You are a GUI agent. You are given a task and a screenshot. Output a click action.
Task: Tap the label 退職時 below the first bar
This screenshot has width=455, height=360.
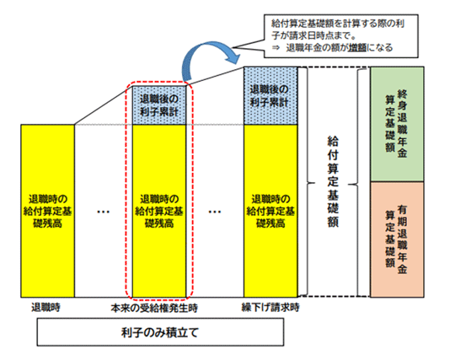(x=45, y=307)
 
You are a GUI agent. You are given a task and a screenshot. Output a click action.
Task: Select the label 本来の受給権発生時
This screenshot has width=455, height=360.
(x=154, y=308)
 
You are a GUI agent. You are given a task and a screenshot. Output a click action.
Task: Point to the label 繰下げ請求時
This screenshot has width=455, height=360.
(x=270, y=307)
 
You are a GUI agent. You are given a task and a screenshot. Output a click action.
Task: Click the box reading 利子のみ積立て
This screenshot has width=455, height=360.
(x=160, y=332)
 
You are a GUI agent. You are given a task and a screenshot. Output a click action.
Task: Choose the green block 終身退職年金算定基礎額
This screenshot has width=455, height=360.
(x=397, y=124)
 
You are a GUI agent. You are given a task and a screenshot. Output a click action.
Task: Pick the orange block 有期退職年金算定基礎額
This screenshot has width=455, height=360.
(x=397, y=239)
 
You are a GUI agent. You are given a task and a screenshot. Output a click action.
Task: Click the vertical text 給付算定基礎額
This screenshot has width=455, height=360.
(x=333, y=181)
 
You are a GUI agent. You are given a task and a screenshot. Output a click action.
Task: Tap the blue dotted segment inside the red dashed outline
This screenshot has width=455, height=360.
(x=159, y=105)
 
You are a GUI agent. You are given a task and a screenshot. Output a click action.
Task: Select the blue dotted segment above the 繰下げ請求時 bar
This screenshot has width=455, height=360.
(x=270, y=96)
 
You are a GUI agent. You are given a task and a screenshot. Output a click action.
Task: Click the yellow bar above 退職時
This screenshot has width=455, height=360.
(x=47, y=211)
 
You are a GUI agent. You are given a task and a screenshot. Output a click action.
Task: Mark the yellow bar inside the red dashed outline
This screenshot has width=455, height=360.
(x=159, y=211)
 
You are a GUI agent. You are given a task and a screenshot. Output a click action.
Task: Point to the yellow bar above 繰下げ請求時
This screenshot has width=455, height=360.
(x=270, y=211)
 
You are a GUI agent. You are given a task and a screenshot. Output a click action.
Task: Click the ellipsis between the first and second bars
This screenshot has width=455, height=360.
(x=103, y=212)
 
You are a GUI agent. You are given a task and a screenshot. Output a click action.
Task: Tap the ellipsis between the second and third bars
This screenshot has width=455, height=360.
(x=215, y=212)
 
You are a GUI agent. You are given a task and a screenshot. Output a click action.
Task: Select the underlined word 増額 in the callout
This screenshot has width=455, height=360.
(x=357, y=47)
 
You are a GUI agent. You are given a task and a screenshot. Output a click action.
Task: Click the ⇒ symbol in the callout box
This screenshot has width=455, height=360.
(x=276, y=47)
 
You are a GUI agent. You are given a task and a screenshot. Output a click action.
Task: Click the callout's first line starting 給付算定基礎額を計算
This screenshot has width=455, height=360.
(x=338, y=24)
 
